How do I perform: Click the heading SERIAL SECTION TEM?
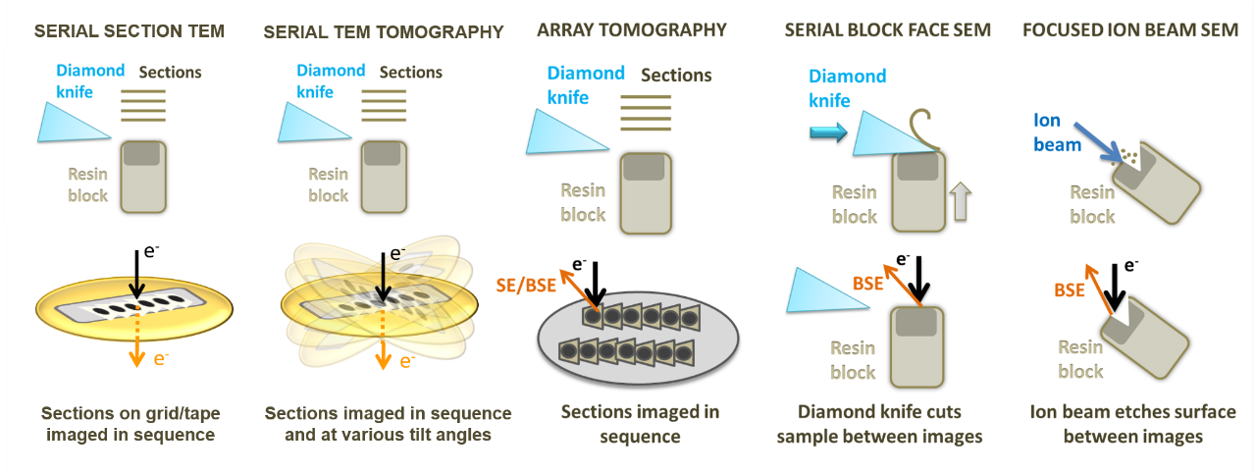coord(130,31)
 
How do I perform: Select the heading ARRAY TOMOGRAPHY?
coord(632,30)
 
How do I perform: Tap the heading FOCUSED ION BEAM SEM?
coord(1129,30)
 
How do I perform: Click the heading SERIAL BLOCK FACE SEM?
coord(888,30)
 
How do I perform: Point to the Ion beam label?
coord(1056,132)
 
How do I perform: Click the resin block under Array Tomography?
coord(646,192)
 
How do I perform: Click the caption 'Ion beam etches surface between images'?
coord(1133,423)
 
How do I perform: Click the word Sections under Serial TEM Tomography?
coord(410,72)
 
